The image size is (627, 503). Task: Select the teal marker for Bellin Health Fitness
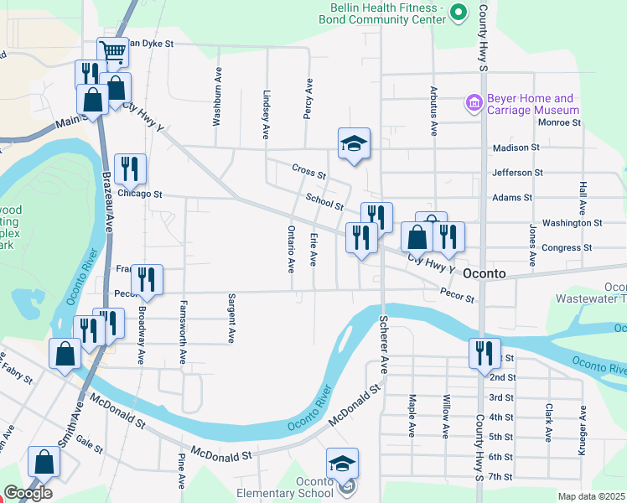click(x=459, y=12)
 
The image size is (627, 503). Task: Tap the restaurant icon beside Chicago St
click(x=130, y=169)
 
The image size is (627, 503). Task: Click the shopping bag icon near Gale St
click(x=44, y=462)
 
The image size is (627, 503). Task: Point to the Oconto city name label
click(x=485, y=274)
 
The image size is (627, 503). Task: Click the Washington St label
click(x=572, y=223)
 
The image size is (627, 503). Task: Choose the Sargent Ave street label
click(x=231, y=319)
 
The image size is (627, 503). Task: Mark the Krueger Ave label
click(x=581, y=432)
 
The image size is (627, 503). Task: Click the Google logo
click(x=28, y=493)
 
